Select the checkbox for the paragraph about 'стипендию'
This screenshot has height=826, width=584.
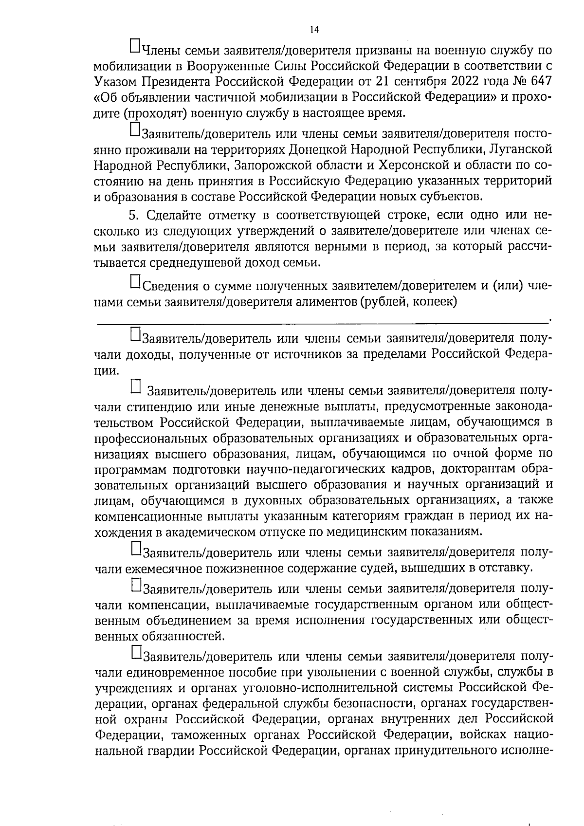click(x=136, y=387)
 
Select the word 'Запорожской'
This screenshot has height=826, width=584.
click(x=267, y=165)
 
